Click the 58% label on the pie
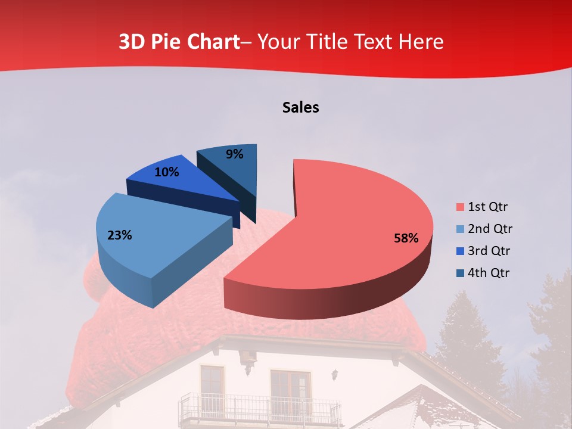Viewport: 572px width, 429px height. (x=406, y=238)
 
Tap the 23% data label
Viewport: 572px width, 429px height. (x=119, y=235)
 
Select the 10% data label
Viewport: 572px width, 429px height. (x=166, y=172)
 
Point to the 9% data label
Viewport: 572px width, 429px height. (x=235, y=154)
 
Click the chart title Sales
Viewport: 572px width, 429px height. (x=300, y=107)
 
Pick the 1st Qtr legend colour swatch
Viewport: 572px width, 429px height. (x=460, y=207)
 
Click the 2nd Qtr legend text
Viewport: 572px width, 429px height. (x=490, y=229)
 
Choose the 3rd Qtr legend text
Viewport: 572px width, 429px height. (x=490, y=251)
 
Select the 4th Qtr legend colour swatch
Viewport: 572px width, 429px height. (x=460, y=273)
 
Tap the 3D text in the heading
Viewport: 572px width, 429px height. (x=130, y=42)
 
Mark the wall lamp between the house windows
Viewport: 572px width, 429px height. (x=335, y=375)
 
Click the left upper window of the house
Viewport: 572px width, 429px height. (x=212, y=383)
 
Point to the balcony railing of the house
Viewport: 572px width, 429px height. (x=259, y=409)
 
